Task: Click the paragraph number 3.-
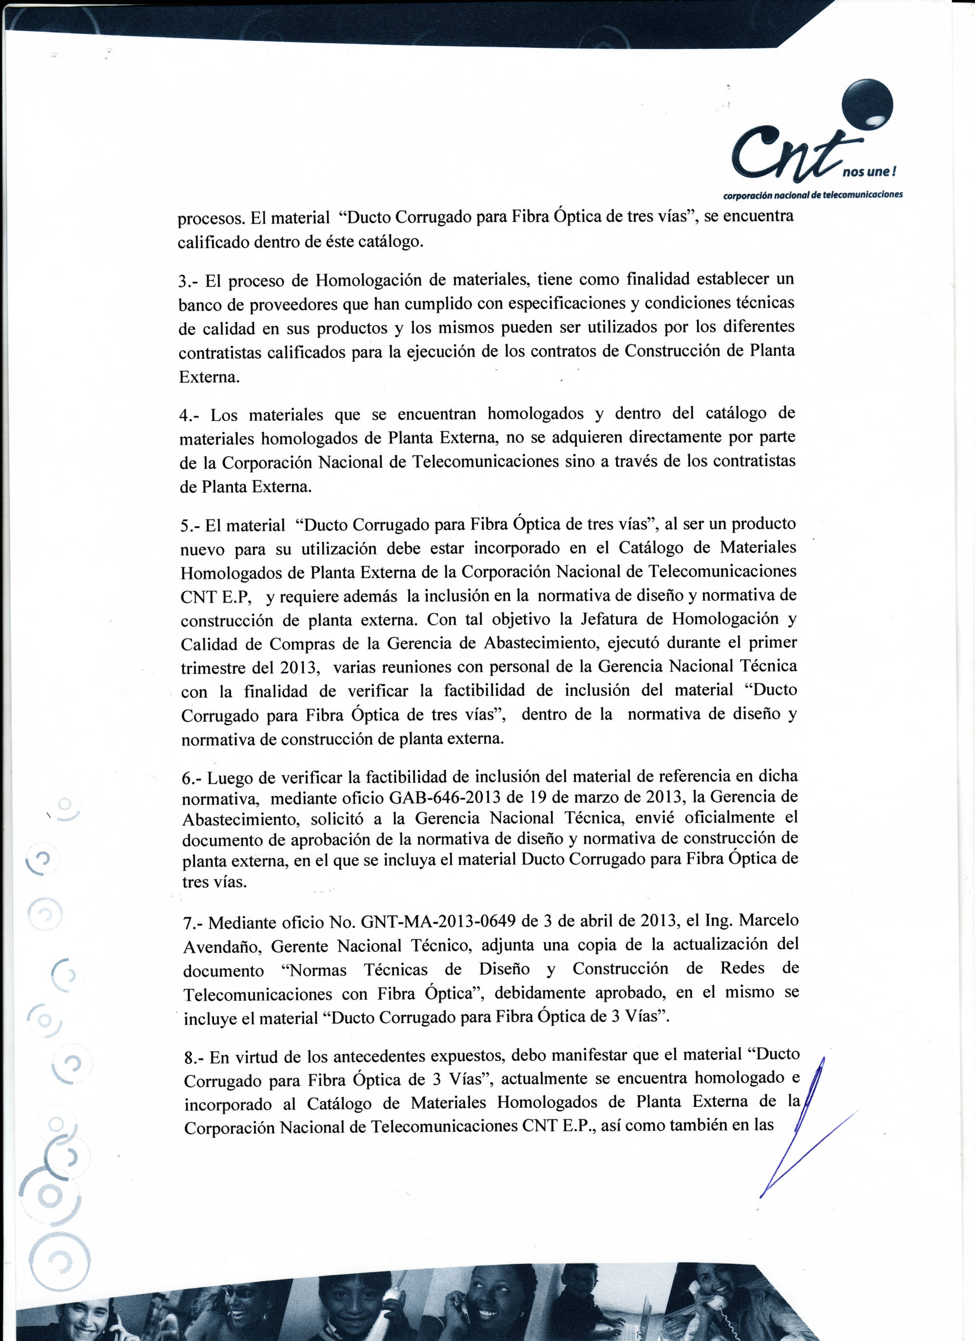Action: (189, 282)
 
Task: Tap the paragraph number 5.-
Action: (191, 526)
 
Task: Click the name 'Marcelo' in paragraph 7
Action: (769, 921)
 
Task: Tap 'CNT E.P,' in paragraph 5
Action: (216, 597)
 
